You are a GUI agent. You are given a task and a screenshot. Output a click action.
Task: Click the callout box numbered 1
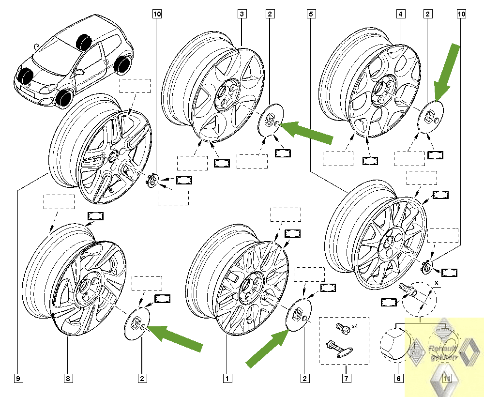click(225, 376)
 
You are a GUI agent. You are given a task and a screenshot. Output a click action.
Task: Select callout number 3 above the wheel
click(242, 15)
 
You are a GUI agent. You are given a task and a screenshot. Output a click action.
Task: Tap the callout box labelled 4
click(400, 15)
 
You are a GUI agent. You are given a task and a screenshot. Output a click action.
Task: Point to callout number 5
click(311, 15)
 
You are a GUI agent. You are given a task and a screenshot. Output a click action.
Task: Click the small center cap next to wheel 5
click(426, 266)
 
